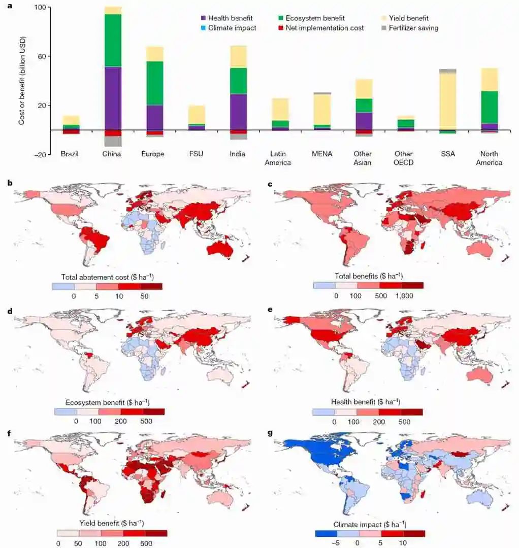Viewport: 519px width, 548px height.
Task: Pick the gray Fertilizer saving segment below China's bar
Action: pyautogui.click(x=113, y=142)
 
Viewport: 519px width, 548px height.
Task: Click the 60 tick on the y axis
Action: pyautogui.click(x=40, y=56)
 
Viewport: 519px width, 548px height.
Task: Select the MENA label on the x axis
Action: pyautogui.click(x=322, y=154)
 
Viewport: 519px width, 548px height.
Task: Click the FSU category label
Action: pyautogui.click(x=196, y=154)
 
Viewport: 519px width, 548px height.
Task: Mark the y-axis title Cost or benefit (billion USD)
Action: pyautogui.click(x=22, y=81)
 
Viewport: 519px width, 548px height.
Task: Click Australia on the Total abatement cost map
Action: pyautogui.click(x=221, y=249)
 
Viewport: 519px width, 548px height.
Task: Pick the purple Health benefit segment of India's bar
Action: pyautogui.click(x=238, y=112)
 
